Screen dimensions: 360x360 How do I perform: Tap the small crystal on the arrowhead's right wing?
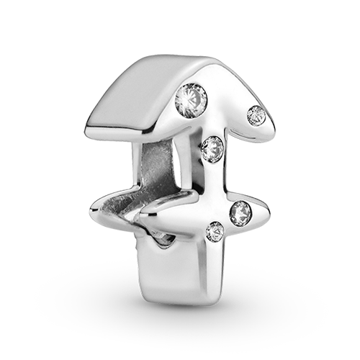(256, 114)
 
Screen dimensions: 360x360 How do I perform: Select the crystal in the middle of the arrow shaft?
(212, 149)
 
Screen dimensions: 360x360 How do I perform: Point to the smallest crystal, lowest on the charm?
(215, 232)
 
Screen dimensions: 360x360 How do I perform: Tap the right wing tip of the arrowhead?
(269, 119)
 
